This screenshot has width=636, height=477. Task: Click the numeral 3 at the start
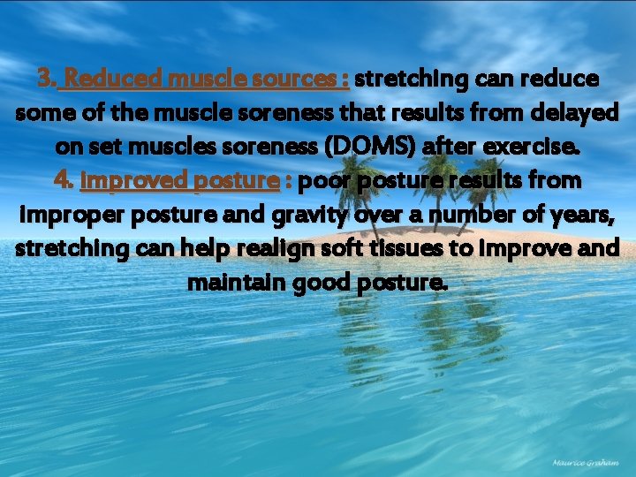(45, 79)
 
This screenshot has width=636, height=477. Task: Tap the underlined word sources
(292, 79)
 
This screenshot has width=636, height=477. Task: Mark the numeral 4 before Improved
(62, 180)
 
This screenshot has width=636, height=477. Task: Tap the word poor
(323, 180)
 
